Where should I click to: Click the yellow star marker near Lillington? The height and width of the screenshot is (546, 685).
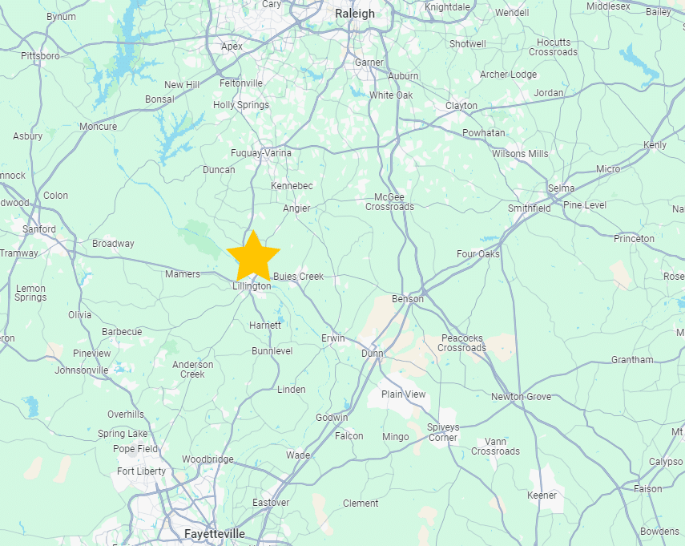tap(253, 255)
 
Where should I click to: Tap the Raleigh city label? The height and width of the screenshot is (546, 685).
tap(354, 14)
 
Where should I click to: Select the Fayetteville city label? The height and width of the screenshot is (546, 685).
tap(214, 534)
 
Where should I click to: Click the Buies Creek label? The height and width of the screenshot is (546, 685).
tap(298, 277)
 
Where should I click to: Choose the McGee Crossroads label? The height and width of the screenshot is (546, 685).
tap(389, 202)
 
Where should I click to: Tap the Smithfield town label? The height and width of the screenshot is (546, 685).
tap(530, 208)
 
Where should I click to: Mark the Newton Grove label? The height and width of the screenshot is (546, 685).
tap(521, 397)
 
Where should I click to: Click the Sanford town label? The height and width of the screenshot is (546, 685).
tap(39, 229)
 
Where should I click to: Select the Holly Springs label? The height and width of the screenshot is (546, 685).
tap(241, 105)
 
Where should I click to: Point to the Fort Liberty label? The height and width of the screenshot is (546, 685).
tap(141, 471)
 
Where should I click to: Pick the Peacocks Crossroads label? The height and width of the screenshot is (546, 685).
tap(461, 343)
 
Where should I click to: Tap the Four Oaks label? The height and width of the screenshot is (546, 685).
tap(477, 254)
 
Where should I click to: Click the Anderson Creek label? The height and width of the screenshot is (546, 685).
tap(193, 370)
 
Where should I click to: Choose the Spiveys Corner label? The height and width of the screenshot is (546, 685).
tap(443, 432)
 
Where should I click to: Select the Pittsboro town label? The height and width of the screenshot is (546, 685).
tap(40, 56)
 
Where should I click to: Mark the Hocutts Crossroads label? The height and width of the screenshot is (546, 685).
tap(553, 47)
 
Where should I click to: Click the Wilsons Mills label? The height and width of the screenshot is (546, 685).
tap(520, 154)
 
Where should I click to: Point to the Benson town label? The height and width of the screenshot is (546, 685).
tap(407, 299)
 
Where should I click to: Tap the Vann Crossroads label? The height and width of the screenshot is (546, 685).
tap(495, 447)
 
